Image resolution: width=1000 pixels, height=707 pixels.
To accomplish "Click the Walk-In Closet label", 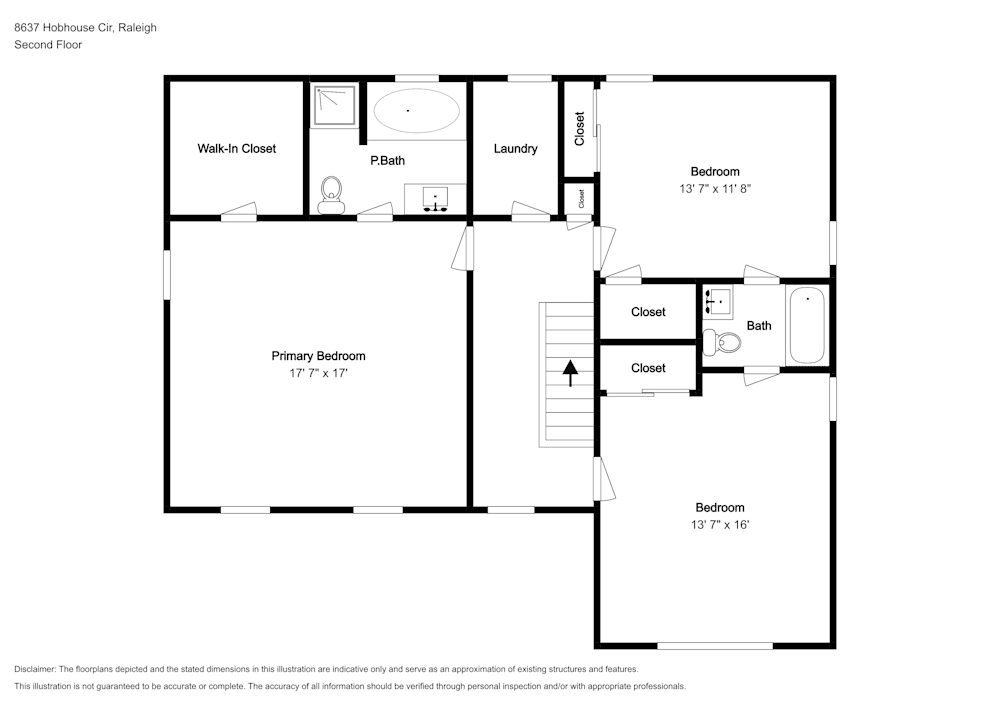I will coord(236,148).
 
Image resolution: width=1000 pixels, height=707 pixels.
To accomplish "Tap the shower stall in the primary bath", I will coord(335,106).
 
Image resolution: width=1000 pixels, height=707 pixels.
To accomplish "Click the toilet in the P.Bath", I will coord(330,193).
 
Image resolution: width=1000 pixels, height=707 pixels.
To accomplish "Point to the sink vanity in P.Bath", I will coord(435,198).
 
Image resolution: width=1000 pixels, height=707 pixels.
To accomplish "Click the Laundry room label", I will coord(515,148).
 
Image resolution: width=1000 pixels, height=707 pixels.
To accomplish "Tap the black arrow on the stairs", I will coord(570,373).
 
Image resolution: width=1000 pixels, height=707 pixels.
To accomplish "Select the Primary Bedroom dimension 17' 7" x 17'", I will coord(318,373).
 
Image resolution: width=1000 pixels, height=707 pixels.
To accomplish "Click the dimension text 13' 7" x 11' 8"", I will coord(715,188).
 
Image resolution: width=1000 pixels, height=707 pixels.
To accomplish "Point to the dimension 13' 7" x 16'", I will coord(720,524).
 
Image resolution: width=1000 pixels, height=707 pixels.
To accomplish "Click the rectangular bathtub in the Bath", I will coord(807,326).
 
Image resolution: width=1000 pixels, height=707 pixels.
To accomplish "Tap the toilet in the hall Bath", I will coord(722,343).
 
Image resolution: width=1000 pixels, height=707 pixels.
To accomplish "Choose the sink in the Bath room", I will coord(718,301).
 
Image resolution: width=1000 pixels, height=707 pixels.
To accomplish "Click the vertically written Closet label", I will coord(579,128).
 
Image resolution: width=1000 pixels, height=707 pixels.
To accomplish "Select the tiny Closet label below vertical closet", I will coord(580,199).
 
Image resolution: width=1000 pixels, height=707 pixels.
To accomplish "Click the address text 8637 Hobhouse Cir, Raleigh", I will coord(85,28).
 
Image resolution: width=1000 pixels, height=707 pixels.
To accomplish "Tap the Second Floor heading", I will coord(48,45).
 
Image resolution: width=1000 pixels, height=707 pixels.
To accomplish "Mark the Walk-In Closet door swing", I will coord(239,211).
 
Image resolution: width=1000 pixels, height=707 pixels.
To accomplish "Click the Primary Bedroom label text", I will coord(318,356).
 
